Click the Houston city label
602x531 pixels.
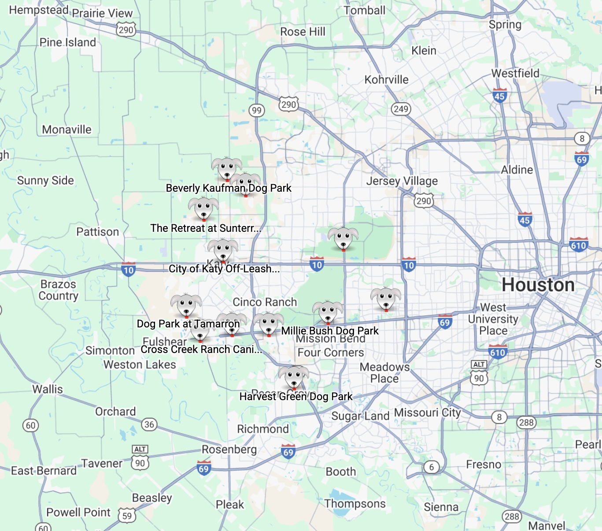point(538,285)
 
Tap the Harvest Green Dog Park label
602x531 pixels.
point(295,397)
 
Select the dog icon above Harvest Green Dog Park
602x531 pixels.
point(294,377)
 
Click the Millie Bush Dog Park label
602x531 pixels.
point(330,331)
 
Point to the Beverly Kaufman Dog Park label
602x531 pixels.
point(229,188)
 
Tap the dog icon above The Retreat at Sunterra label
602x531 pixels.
point(203,208)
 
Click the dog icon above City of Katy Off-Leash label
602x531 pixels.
point(223,250)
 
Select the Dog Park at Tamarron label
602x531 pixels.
point(188,324)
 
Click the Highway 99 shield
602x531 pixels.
point(257,110)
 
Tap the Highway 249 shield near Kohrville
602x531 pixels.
point(401,109)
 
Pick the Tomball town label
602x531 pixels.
point(364,11)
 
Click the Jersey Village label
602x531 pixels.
point(402,181)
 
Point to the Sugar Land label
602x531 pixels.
point(360,416)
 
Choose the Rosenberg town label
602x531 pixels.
point(229,449)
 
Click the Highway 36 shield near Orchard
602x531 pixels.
point(149,424)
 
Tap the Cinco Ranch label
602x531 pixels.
point(265,302)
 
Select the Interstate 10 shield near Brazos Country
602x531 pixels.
point(128,270)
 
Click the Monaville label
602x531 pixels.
point(67,130)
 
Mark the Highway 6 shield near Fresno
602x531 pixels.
point(432,467)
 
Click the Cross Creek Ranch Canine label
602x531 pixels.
point(201,349)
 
